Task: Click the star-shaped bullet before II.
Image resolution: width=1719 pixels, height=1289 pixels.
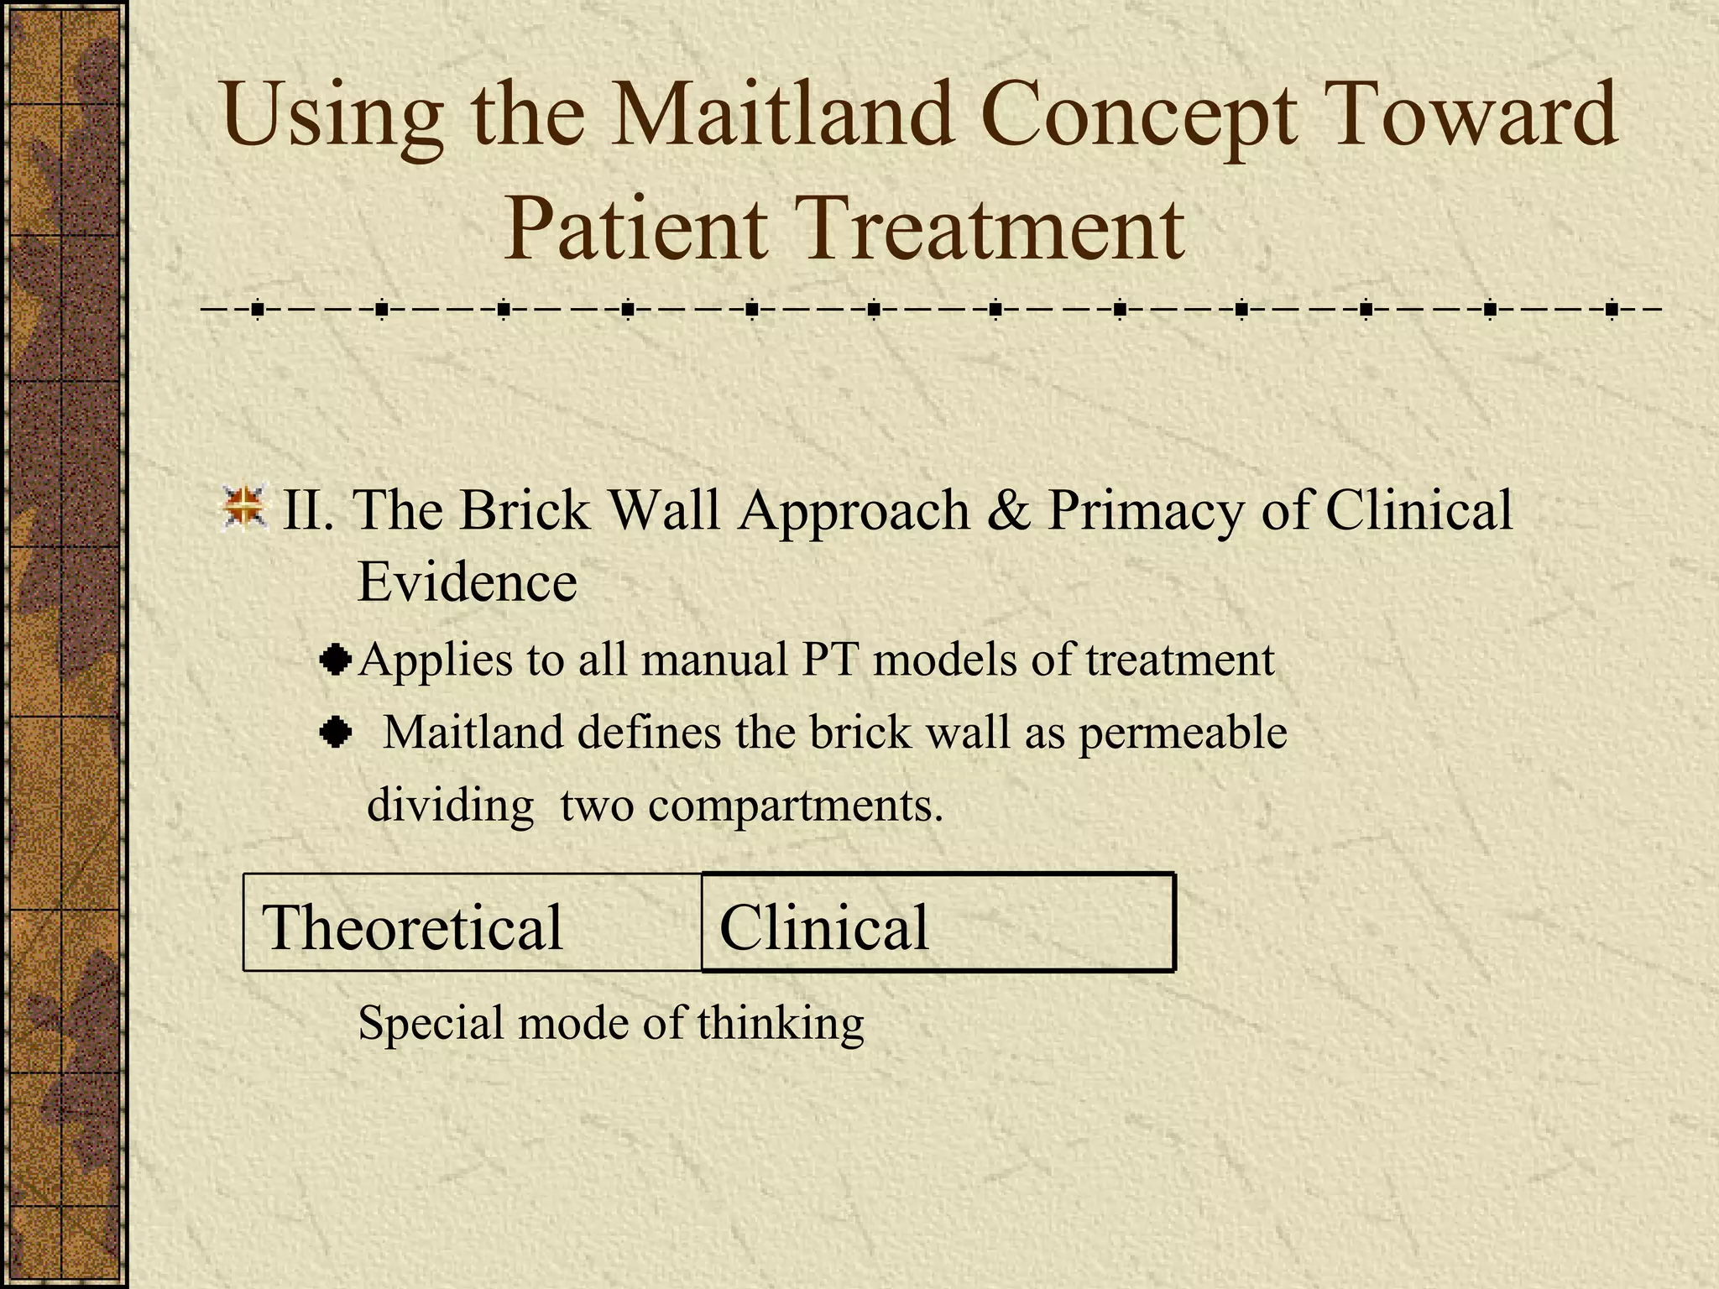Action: (x=244, y=507)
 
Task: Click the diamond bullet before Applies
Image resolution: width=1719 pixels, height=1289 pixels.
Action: (x=336, y=660)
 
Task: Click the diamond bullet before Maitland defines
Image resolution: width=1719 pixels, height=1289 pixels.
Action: (x=336, y=733)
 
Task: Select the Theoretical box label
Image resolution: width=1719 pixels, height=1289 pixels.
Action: (x=412, y=926)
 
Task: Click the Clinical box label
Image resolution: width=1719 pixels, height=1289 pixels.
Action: (x=824, y=926)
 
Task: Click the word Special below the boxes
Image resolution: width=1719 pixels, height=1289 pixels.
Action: (x=431, y=1023)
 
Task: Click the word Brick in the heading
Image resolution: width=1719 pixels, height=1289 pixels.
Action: (x=524, y=509)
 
